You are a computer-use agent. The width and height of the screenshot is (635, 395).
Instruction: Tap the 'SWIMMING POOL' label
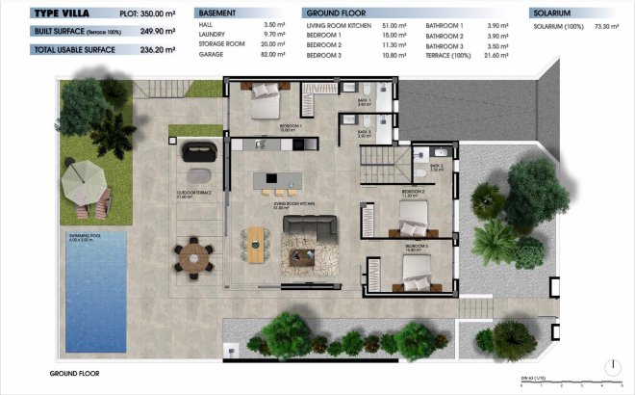(x=84, y=236)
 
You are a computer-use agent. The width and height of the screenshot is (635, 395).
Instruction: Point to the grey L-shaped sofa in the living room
(x=310, y=230)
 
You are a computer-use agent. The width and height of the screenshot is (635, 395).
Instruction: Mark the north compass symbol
(x=611, y=365)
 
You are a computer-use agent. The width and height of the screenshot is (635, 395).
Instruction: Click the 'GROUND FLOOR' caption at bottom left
(x=74, y=372)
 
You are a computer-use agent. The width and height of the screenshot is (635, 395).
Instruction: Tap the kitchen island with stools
(x=274, y=180)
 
